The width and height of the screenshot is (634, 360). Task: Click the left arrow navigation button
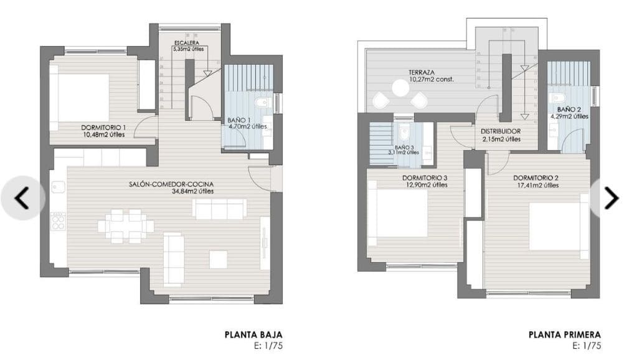pyautogui.click(x=22, y=198)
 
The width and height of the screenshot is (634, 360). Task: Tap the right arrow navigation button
pyautogui.click(x=612, y=198)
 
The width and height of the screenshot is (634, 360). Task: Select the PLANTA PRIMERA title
pyautogui.click(x=565, y=334)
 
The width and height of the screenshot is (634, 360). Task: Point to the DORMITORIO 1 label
pyautogui.click(x=103, y=128)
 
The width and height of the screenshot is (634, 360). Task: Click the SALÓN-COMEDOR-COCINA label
pyautogui.click(x=171, y=184)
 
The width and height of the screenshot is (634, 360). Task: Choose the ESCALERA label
pyautogui.click(x=187, y=42)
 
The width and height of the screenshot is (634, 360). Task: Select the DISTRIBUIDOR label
pyautogui.click(x=501, y=132)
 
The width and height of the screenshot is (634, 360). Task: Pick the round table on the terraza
pyautogui.click(x=400, y=89)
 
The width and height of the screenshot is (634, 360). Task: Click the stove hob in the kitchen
pyautogui.click(x=58, y=221)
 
